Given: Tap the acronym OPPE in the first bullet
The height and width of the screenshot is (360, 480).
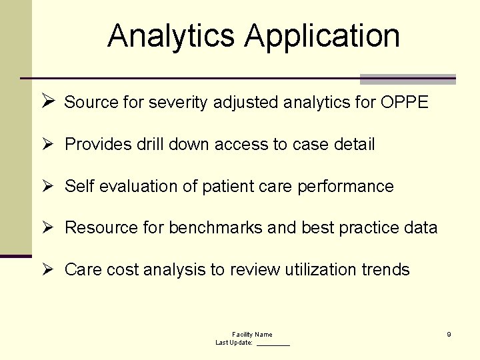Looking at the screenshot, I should click(x=405, y=103).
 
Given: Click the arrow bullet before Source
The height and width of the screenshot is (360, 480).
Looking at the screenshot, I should click(x=47, y=102).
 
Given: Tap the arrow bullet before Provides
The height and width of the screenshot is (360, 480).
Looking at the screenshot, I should click(x=47, y=144).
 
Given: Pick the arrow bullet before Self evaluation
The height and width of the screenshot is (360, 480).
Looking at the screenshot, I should click(x=47, y=186).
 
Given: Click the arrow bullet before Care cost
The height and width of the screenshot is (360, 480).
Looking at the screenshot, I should click(x=47, y=269).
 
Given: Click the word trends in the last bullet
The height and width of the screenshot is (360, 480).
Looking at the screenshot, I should click(x=386, y=270).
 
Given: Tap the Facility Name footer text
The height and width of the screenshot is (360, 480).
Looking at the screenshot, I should click(x=252, y=334).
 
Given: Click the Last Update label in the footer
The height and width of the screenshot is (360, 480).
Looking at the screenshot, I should click(x=234, y=342).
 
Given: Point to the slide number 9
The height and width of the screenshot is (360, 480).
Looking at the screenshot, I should click(x=449, y=334).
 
